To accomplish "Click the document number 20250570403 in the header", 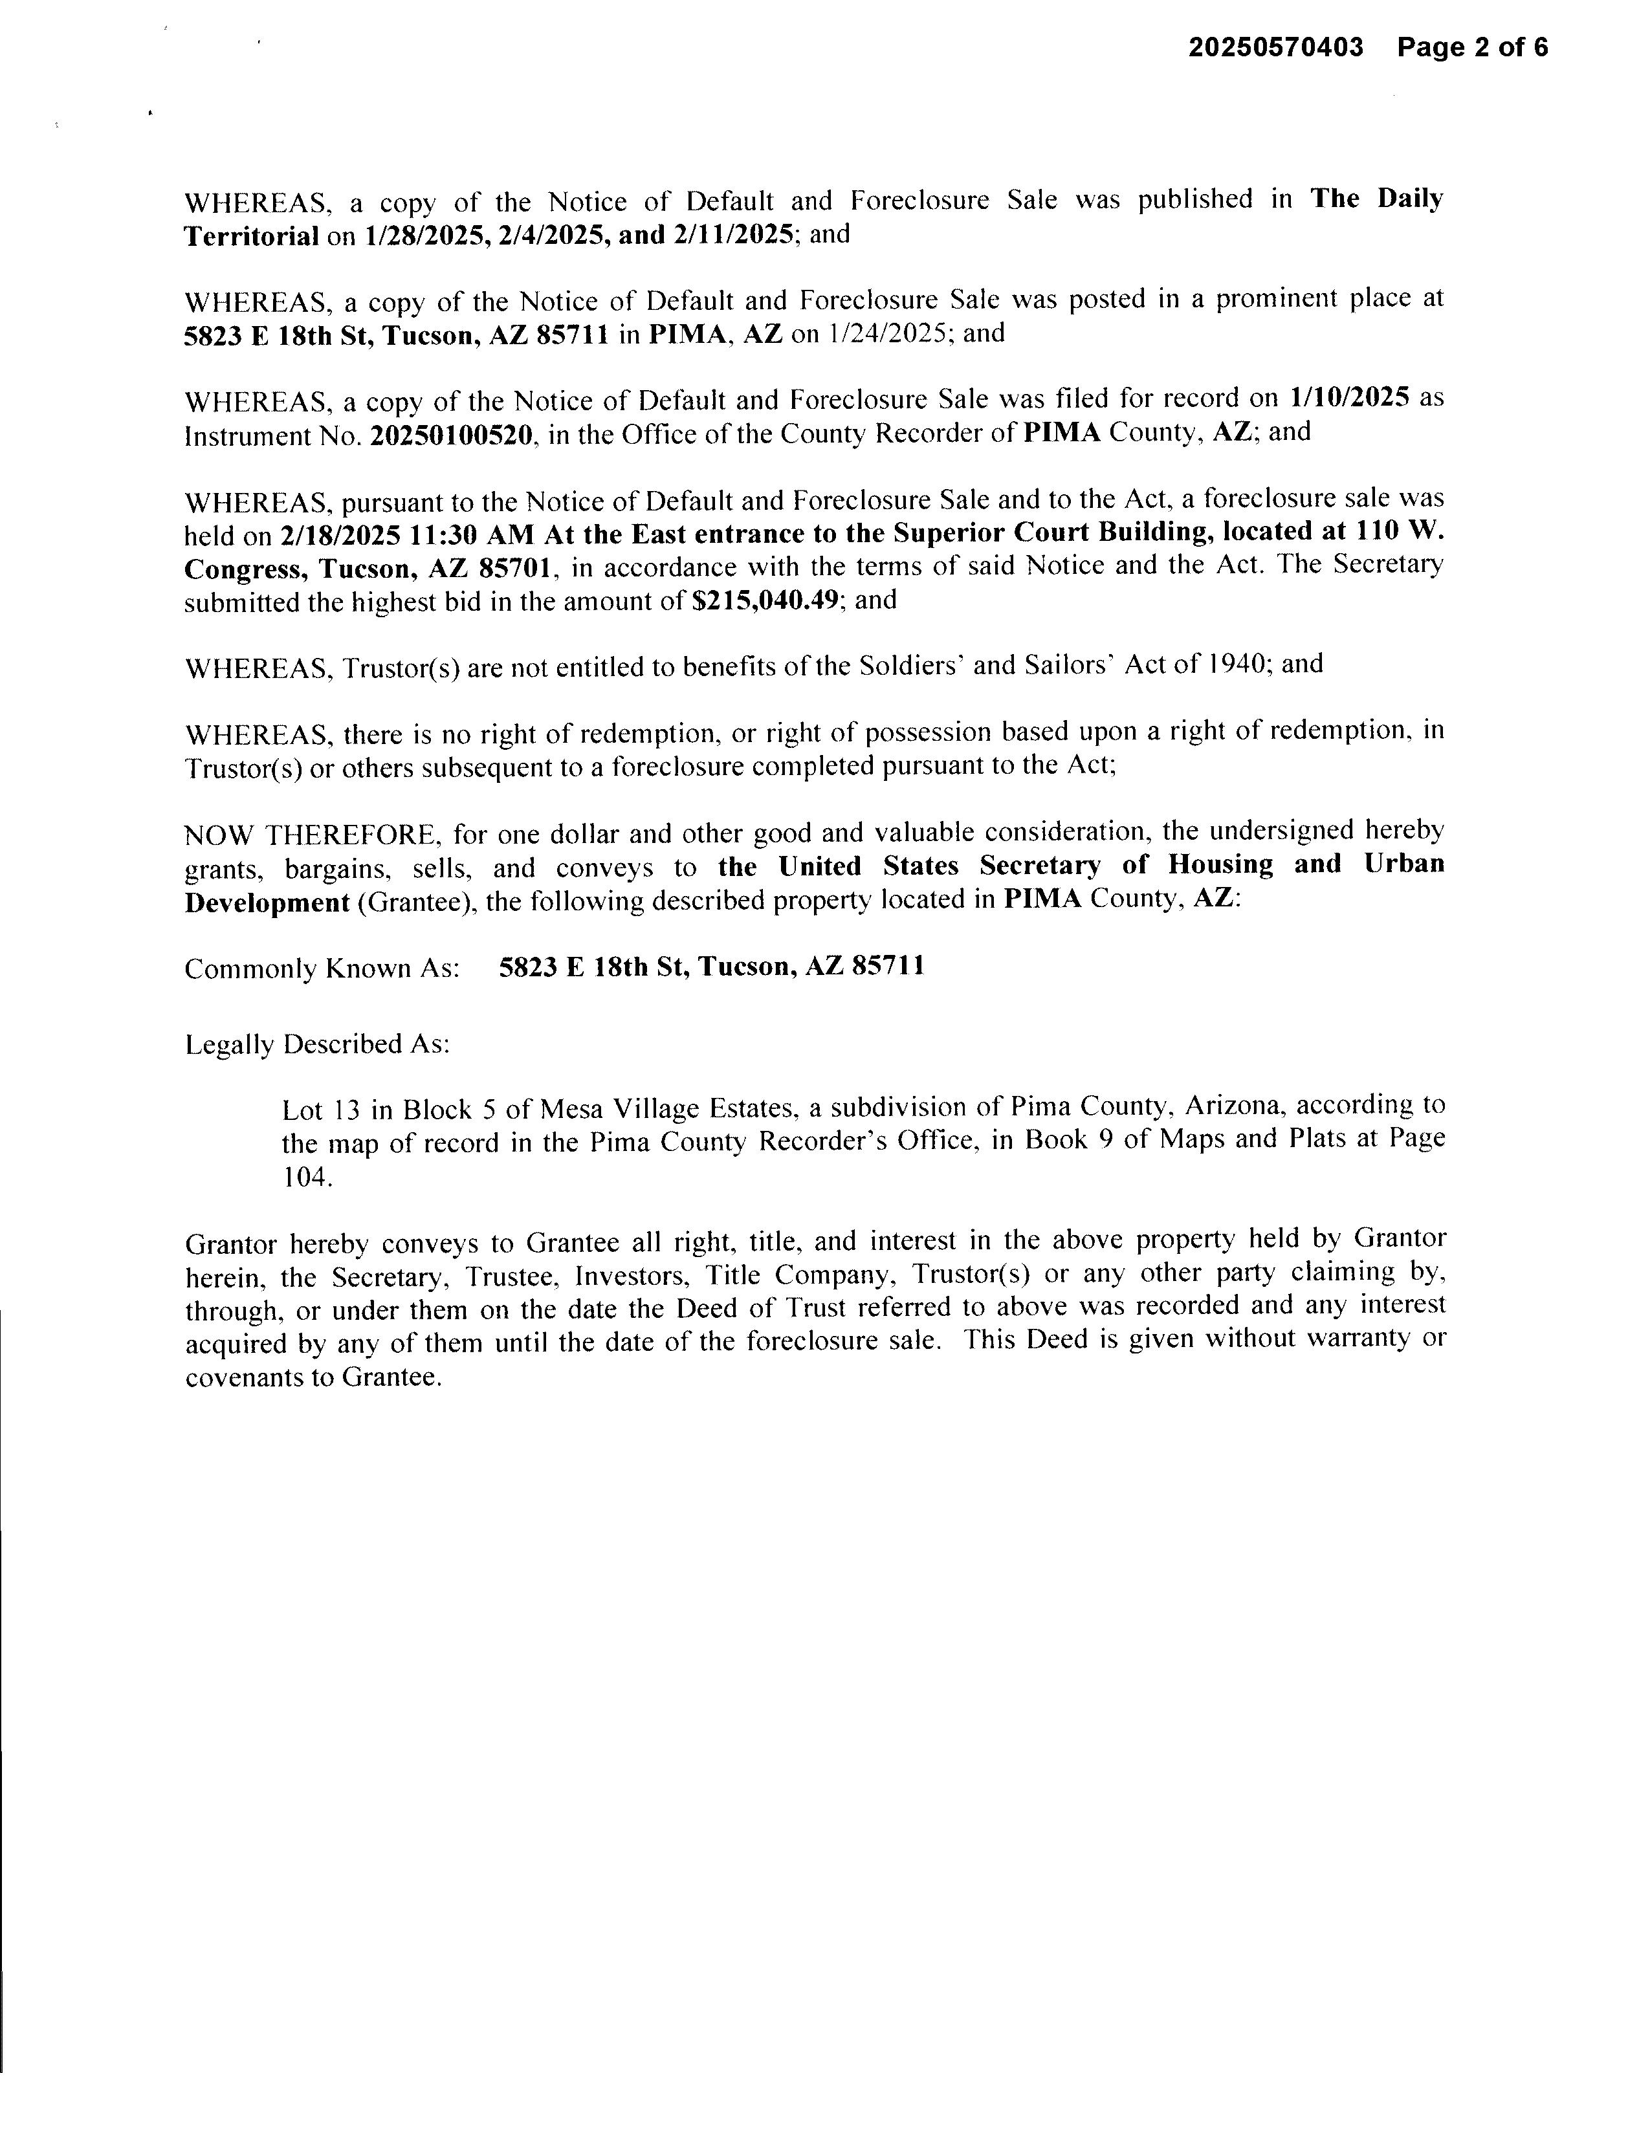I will [x=1275, y=48].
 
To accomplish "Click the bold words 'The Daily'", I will [x=1376, y=199].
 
